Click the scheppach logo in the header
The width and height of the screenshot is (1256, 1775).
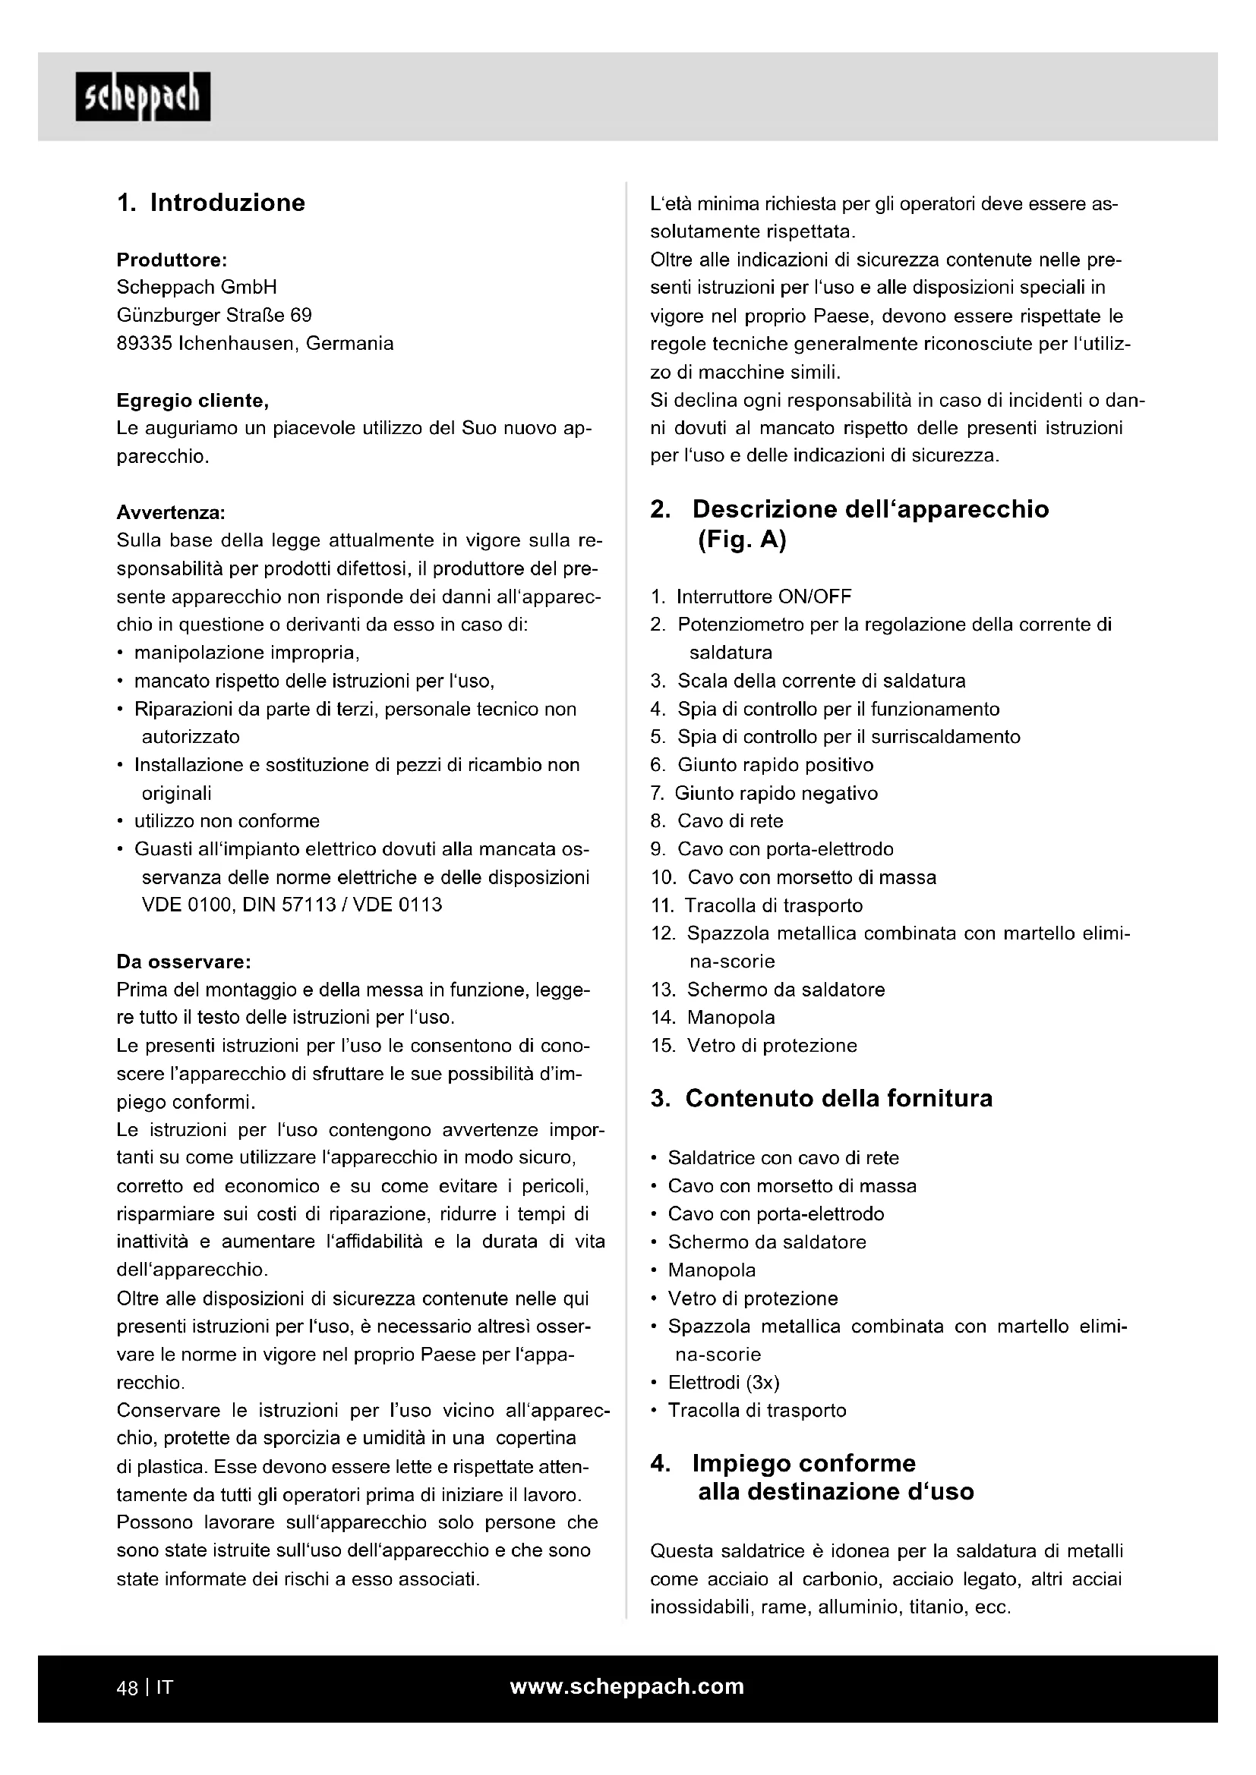142,96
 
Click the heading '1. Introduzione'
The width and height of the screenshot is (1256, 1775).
211,203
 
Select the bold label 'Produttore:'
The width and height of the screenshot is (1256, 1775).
171,260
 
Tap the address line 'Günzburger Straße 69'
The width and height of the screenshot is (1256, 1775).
214,316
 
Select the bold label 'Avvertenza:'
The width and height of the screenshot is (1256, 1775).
171,512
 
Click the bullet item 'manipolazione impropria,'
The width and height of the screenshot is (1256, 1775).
247,653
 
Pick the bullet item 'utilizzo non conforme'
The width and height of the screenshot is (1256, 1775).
226,821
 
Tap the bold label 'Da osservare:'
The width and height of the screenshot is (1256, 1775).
183,961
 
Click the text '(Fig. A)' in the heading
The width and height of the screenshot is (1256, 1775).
742,540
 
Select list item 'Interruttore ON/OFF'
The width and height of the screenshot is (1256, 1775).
763,596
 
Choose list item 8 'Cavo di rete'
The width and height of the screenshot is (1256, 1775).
730,821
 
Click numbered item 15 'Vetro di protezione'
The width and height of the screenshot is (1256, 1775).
771,1045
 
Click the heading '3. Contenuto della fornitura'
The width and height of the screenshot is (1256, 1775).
822,1099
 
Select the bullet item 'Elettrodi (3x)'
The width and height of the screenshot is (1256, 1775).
723,1382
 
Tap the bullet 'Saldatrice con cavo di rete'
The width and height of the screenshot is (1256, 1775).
783,1158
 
